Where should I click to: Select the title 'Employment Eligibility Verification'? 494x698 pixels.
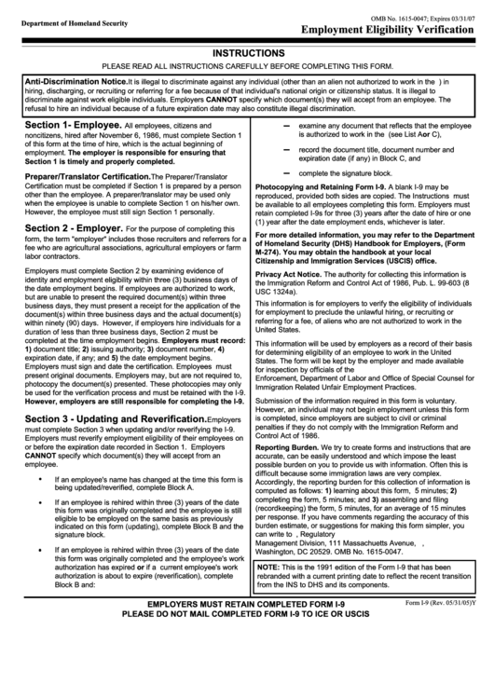click(390, 28)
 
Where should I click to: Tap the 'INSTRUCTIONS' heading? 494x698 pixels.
click(246, 55)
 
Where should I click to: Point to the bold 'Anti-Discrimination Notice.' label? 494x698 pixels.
click(75, 81)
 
